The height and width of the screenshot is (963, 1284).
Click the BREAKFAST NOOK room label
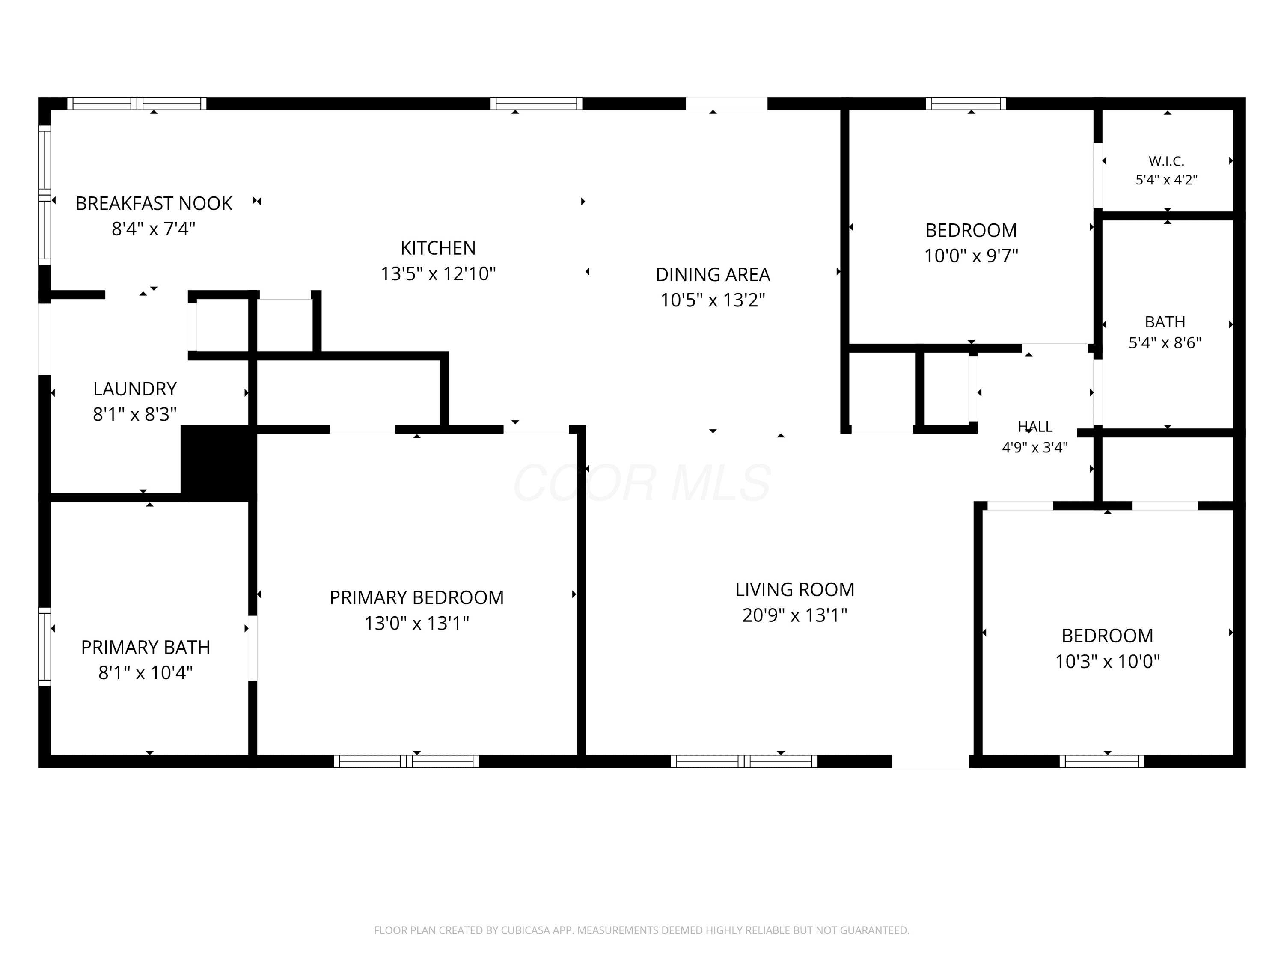point(154,203)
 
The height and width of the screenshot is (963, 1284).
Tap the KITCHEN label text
point(438,248)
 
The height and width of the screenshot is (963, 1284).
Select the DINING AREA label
point(713,275)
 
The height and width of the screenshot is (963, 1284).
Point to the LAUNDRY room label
point(135,389)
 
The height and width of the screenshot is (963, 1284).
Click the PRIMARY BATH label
point(145,647)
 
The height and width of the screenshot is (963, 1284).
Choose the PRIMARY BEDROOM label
point(417,597)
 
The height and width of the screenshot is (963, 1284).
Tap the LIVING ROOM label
point(795,589)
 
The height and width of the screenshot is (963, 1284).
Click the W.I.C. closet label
point(1166,161)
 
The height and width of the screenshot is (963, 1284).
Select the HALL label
point(1035,427)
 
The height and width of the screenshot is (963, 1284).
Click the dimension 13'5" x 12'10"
point(438,273)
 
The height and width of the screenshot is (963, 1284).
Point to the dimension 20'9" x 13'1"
point(795,615)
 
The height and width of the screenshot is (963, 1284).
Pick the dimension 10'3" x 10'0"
point(1107,661)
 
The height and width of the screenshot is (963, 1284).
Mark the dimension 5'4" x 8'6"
point(1165,342)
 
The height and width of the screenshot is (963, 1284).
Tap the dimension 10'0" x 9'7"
point(971,256)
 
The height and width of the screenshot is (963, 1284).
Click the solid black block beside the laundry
point(218,463)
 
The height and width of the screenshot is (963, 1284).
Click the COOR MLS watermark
point(642,482)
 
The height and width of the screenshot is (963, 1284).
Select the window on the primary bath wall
point(45,646)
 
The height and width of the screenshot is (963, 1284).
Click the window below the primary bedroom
point(406,761)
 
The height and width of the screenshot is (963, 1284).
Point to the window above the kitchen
point(536,103)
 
